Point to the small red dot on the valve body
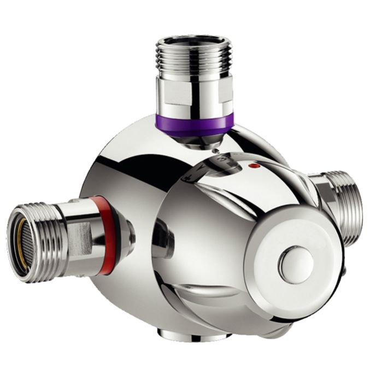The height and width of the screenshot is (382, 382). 252,164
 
